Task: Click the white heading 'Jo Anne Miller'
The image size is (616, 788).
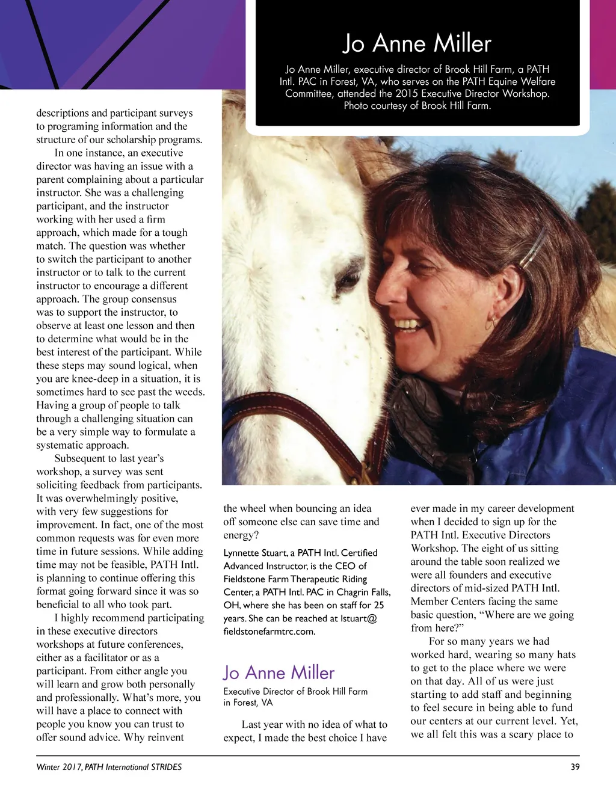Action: point(417,44)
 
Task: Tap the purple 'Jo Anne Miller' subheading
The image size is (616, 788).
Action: point(279,672)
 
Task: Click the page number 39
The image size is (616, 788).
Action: point(574,767)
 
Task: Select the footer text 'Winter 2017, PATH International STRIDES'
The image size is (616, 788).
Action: point(109,767)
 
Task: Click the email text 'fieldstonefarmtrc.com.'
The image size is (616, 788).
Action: point(269,631)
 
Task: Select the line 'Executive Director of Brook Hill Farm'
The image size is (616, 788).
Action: point(295,692)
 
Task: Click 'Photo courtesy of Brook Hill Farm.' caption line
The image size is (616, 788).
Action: point(417,106)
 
